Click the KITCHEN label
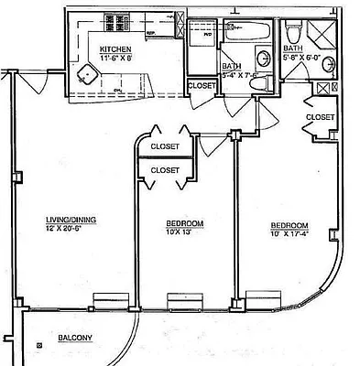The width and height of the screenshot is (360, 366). click(x=116, y=49)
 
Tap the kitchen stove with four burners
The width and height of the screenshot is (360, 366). click(x=117, y=22)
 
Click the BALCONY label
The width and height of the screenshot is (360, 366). click(x=75, y=339)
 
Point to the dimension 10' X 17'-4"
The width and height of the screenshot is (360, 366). click(x=289, y=234)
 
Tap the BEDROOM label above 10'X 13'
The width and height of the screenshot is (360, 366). click(x=184, y=224)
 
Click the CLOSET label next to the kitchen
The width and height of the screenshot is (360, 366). click(x=202, y=85)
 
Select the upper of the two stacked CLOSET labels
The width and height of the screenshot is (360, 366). click(x=165, y=146)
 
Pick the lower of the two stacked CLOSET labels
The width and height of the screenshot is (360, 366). click(x=165, y=169)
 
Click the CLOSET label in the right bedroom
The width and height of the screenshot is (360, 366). click(x=320, y=117)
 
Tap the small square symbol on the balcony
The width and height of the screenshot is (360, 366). click(x=39, y=344)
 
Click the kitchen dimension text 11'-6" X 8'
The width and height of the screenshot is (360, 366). click(x=116, y=58)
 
